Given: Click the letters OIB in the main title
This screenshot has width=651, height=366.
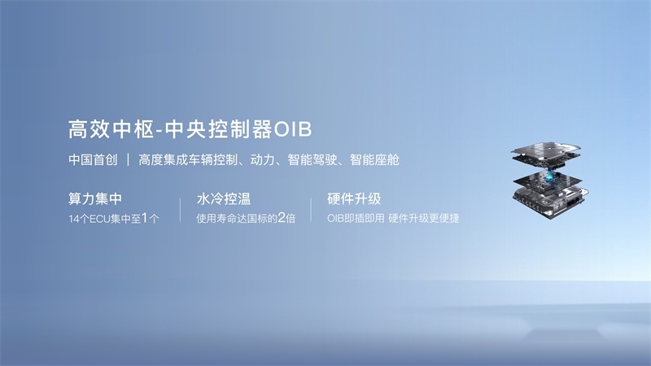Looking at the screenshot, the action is [x=292, y=129].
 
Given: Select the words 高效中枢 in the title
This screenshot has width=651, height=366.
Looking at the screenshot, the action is [x=111, y=129].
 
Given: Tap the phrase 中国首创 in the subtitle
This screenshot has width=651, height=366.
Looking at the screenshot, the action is [x=93, y=159].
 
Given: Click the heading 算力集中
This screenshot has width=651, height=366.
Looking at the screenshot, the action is [x=95, y=198].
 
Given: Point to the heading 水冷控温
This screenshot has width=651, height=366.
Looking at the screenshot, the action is [x=224, y=198].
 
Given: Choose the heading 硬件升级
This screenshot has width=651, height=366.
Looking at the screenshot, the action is [x=354, y=198].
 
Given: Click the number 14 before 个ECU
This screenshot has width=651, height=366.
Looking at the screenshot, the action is [x=73, y=219].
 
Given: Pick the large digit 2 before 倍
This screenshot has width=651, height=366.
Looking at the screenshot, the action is [x=281, y=217].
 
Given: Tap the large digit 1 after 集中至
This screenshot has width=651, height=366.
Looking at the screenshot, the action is [x=145, y=217].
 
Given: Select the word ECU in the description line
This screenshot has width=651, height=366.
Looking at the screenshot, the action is [x=99, y=219].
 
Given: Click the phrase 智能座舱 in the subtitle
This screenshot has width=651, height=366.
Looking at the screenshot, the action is [x=374, y=159].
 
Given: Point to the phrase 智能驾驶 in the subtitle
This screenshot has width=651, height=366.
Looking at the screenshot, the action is [x=312, y=159].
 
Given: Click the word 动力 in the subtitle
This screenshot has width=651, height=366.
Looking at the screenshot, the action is [x=262, y=159].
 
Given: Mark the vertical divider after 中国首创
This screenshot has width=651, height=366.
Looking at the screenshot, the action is [x=129, y=159].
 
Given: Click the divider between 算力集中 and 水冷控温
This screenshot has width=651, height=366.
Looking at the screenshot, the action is [x=180, y=210].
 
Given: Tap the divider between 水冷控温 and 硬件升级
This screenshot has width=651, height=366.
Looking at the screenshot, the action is [x=311, y=210].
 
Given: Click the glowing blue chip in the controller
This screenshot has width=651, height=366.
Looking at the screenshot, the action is [x=548, y=176].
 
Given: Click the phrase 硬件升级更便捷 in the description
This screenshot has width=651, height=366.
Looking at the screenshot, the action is [x=424, y=218].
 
